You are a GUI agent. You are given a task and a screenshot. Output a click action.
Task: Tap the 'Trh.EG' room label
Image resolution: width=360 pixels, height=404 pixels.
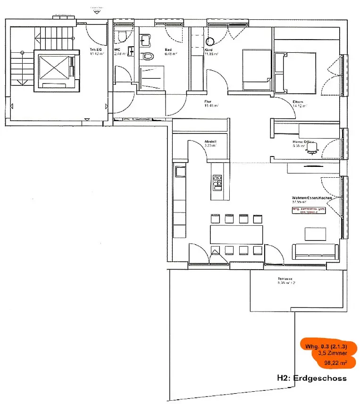(x=96, y=49)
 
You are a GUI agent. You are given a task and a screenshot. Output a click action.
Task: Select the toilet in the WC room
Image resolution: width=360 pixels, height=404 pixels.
(x=122, y=36)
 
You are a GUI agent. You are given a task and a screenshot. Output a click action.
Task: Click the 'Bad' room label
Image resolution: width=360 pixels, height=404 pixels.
(x=167, y=49)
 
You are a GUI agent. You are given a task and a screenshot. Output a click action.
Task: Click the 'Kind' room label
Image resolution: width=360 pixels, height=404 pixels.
(x=209, y=49)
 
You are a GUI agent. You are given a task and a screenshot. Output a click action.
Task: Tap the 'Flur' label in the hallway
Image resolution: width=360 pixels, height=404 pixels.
(x=208, y=101)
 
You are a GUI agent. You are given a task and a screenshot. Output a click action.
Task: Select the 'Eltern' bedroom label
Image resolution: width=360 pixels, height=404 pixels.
(x=298, y=102)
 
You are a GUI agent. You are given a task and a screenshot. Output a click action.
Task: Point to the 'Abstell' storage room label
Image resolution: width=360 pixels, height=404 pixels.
(x=210, y=141)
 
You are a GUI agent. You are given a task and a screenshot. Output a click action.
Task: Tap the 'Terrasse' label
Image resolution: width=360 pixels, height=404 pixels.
(x=286, y=279)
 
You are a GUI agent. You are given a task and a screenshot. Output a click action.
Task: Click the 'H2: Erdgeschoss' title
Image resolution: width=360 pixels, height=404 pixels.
(x=311, y=378)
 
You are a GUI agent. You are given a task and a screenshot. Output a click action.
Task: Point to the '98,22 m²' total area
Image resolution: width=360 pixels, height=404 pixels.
(x=336, y=363)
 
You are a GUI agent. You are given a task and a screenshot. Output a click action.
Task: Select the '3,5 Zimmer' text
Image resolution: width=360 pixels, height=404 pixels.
(x=333, y=353)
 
